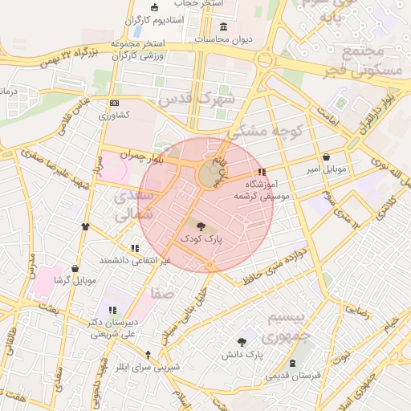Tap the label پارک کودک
click(x=201, y=238)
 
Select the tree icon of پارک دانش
click(x=242, y=342)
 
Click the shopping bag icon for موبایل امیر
click(x=326, y=157)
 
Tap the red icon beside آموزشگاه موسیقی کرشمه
click(x=260, y=172)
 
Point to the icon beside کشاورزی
click(x=114, y=103)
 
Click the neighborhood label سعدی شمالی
click(x=132, y=205)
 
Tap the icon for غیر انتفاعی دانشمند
click(x=134, y=249)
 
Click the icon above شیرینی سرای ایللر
click(x=147, y=354)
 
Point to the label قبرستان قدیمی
click(x=294, y=375)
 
